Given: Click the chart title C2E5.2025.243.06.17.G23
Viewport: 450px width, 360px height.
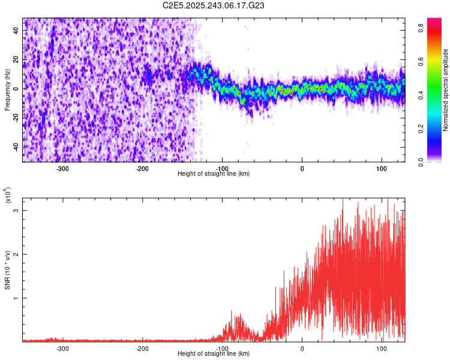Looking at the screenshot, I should pyautogui.click(x=214, y=5).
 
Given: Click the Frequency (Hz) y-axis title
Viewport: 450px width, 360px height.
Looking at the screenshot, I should pyautogui.click(x=7, y=90).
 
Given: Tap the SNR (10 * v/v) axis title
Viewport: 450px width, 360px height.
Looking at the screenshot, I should pyautogui.click(x=7, y=270).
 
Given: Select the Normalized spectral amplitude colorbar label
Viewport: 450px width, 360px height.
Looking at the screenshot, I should pyautogui.click(x=446, y=90).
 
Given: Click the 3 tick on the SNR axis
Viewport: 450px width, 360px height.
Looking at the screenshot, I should pyautogui.click(x=17, y=211).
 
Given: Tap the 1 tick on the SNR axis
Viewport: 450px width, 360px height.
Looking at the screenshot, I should pyautogui.click(x=17, y=298).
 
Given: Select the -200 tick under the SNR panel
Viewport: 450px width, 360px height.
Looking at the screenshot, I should pyautogui.click(x=142, y=349).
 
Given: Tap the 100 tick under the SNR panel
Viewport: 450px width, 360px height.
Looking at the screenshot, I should pyautogui.click(x=382, y=349).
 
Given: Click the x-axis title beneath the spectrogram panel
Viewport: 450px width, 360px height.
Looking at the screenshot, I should pyautogui.click(x=214, y=174).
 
